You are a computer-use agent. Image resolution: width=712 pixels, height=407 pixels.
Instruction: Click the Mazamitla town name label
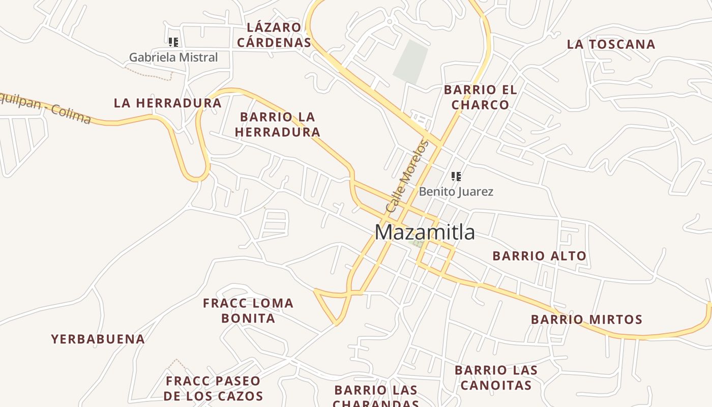[425, 232]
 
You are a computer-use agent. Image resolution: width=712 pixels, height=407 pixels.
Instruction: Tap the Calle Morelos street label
[407, 176]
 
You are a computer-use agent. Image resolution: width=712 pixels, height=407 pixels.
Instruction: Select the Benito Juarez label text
[456, 192]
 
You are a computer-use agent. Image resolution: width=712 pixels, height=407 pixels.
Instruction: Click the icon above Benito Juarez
[456, 177]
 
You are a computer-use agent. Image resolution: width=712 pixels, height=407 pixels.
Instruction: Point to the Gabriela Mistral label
[173, 57]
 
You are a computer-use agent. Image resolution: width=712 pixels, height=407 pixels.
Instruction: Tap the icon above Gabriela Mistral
[173, 42]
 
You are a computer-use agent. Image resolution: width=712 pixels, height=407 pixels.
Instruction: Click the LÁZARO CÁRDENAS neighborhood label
[274, 35]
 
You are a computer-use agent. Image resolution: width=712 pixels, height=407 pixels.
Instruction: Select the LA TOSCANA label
[611, 44]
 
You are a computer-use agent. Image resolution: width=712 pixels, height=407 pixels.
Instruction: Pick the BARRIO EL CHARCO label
[480, 97]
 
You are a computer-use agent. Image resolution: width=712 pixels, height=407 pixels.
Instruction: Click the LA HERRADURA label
[167, 103]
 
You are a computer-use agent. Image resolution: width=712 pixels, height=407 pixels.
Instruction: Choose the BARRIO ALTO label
[539, 256]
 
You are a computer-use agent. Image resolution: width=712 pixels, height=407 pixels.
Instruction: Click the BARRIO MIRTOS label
[586, 319]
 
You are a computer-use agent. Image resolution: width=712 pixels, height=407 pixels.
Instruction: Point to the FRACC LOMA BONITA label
[248, 310]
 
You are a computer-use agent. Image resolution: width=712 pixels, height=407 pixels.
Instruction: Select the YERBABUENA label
[98, 339]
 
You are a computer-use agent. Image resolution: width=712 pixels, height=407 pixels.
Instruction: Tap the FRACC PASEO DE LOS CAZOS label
[213, 388]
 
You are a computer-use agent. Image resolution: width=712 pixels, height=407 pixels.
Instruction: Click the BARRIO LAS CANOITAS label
[496, 377]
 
